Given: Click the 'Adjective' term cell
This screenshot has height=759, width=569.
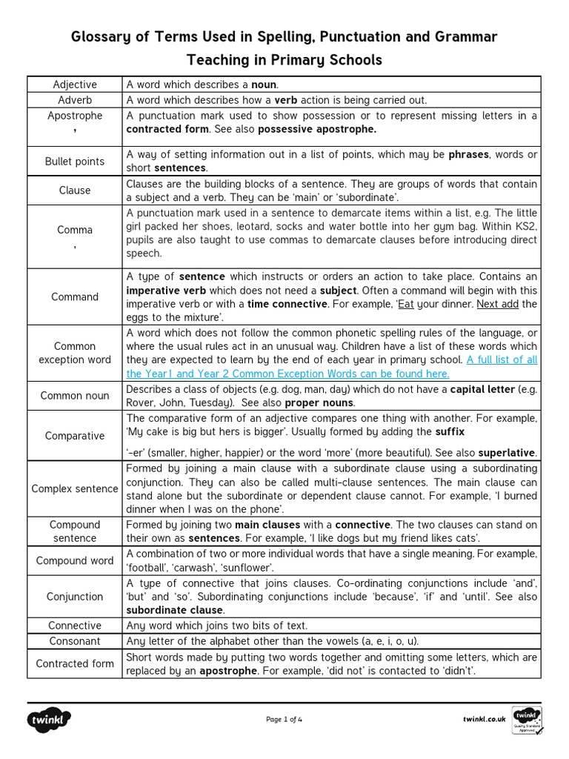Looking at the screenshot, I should [75, 84].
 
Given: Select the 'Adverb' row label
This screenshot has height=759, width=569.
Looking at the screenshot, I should [75, 100].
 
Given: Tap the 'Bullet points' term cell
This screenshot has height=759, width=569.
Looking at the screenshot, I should [75, 162].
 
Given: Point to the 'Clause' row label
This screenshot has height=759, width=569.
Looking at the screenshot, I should [75, 190].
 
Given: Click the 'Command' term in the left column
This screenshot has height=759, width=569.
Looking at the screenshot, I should [75, 297].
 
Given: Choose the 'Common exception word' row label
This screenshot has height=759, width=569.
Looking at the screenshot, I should [75, 353].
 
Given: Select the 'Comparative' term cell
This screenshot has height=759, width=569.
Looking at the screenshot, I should [75, 436].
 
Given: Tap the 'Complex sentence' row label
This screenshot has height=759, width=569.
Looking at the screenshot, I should [75, 489].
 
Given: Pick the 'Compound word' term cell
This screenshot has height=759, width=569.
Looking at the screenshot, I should [75, 561].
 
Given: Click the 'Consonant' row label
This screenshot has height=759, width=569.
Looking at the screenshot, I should [75, 641].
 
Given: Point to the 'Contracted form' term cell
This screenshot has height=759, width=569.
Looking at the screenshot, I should [75, 664].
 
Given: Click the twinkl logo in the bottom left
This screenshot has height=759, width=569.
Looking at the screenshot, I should [50, 719].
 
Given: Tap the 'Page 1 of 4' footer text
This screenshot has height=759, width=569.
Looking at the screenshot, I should [284, 719].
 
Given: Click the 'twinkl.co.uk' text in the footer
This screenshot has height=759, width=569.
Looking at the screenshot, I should [484, 719].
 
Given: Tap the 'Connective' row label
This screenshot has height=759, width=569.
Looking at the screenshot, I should [75, 626].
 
